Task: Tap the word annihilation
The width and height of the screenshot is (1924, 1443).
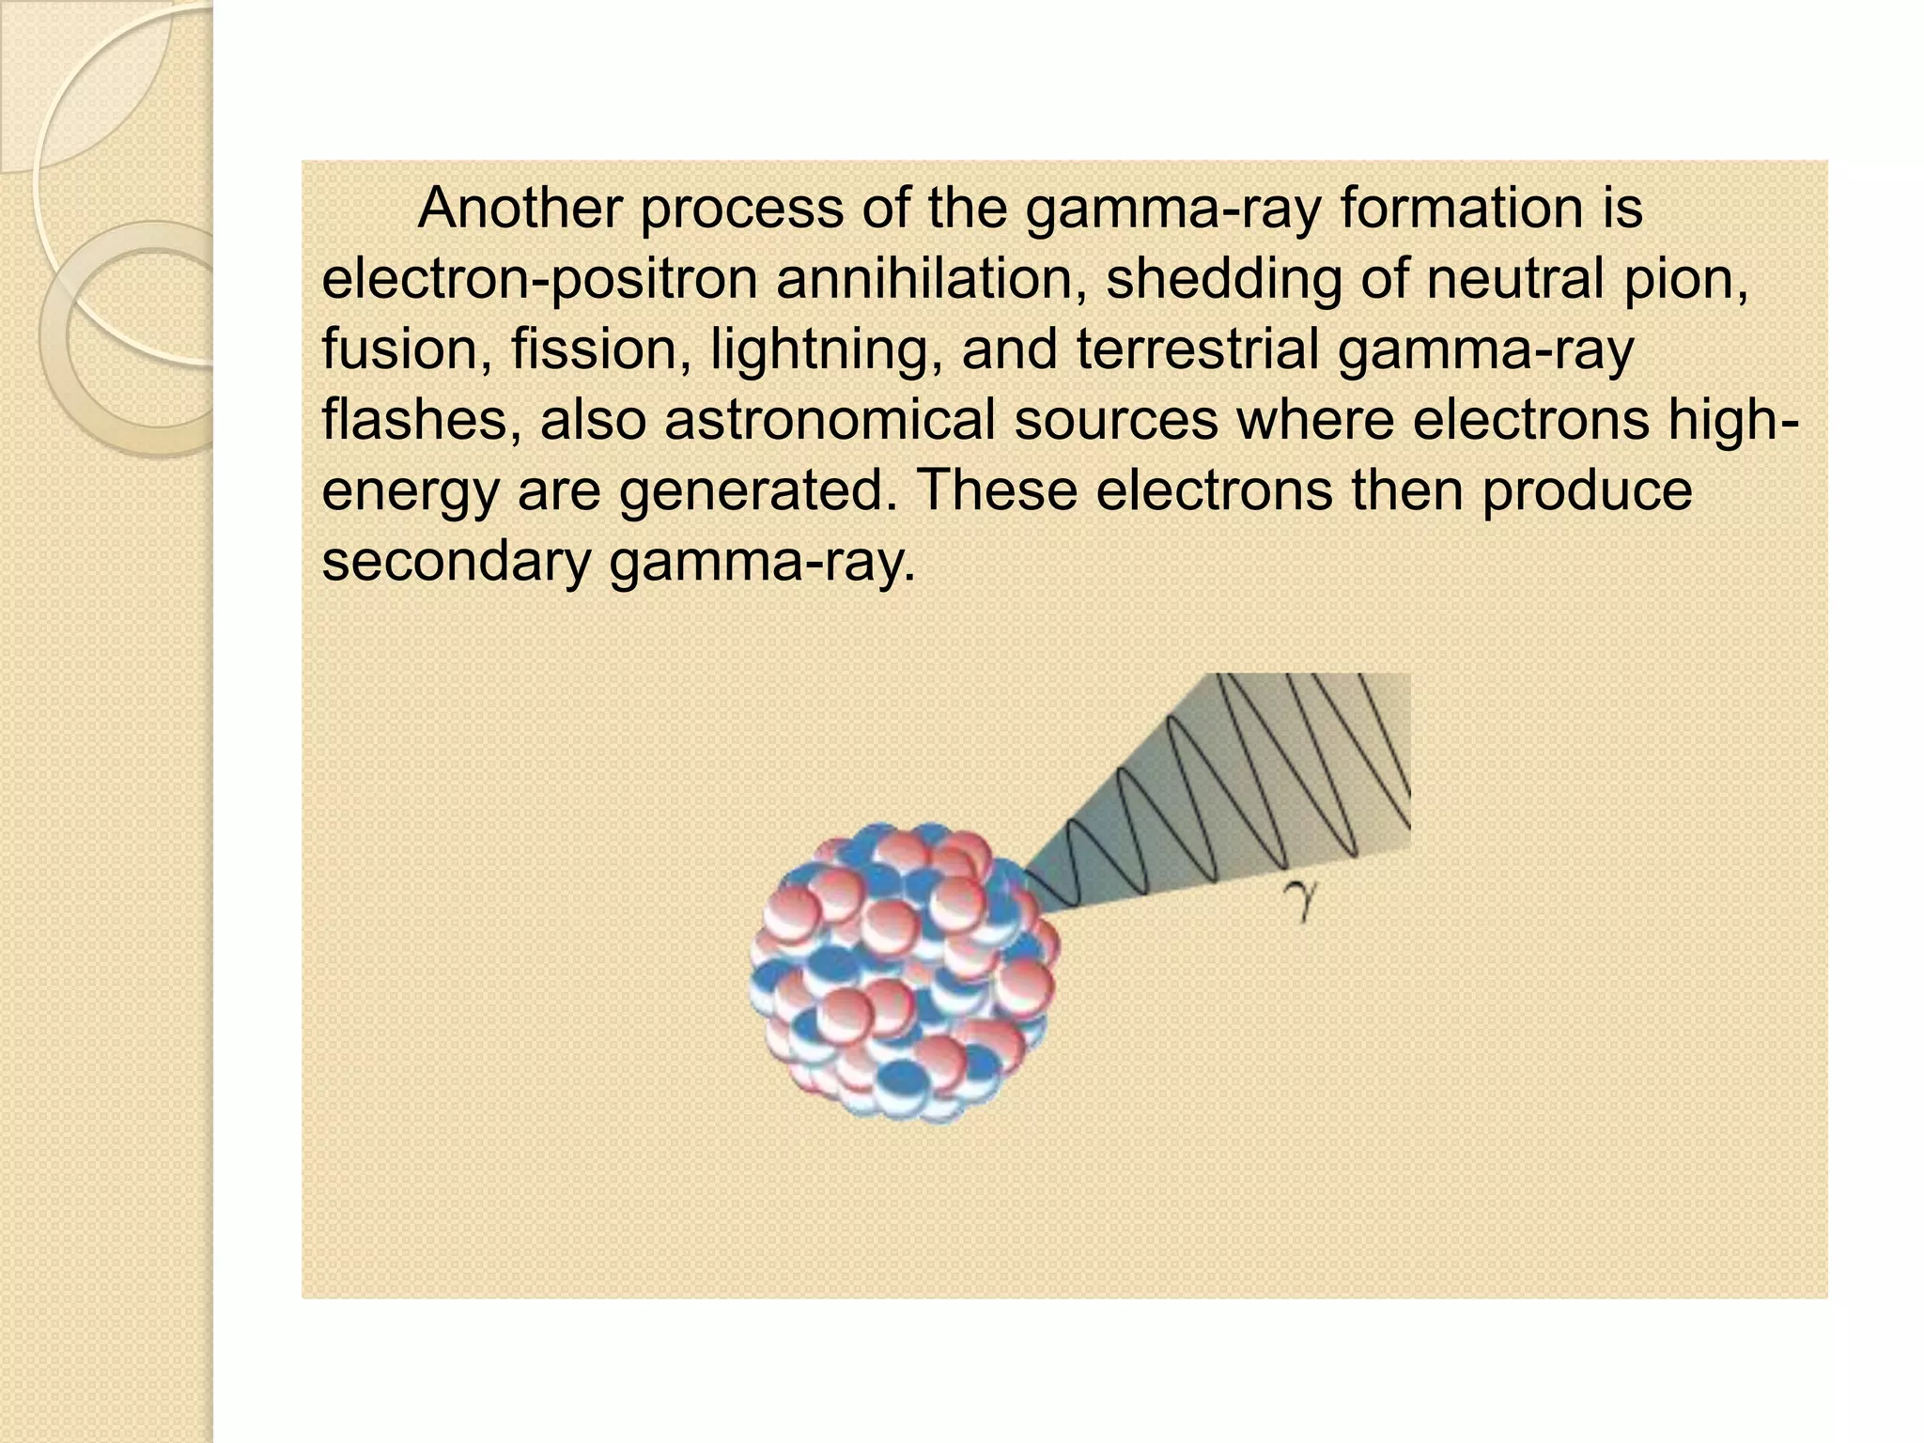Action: pos(931,279)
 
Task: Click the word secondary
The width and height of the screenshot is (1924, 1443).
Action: pos(455,562)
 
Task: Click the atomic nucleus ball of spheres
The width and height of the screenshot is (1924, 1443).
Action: pos(903,972)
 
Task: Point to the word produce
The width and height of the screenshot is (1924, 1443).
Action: pos(1587,490)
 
